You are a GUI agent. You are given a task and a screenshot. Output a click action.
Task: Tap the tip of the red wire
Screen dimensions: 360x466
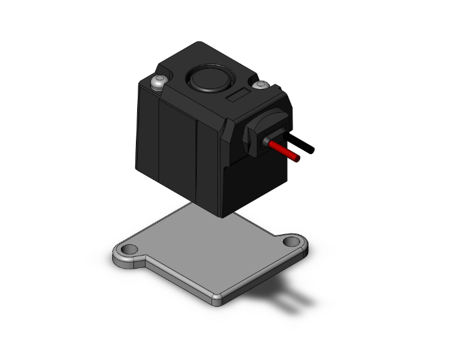click(x=297, y=159)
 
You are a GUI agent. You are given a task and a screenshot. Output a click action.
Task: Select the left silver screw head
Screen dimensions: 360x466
click(x=158, y=81)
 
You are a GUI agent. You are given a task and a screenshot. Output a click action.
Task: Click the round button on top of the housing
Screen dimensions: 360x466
click(x=206, y=80)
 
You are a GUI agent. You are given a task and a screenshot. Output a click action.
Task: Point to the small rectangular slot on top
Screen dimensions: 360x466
click(x=238, y=96)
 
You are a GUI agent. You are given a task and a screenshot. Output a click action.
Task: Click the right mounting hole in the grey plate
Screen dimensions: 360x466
click(x=291, y=242)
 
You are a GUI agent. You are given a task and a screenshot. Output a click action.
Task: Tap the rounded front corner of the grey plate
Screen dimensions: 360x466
click(x=217, y=299)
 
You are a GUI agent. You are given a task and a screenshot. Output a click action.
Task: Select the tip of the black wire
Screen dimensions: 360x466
click(x=311, y=150)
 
